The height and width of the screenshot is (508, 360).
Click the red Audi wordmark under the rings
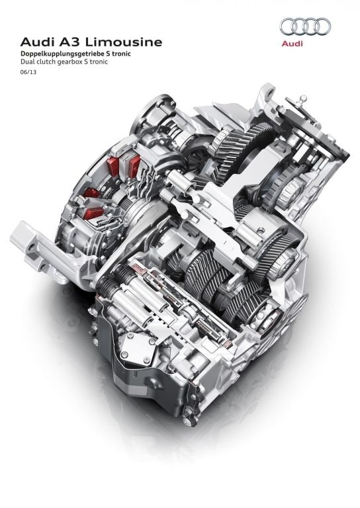click(292, 44)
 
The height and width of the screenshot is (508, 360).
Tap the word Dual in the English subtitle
click(26, 62)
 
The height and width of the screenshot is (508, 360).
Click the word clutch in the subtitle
click(42, 62)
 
